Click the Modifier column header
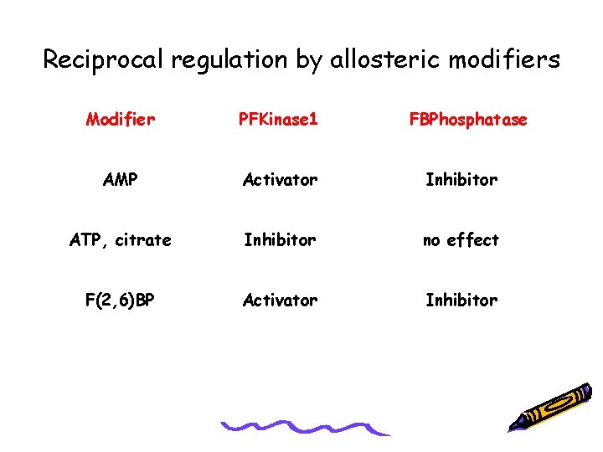121,120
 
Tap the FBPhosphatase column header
468,120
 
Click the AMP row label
121,180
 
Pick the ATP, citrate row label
121,240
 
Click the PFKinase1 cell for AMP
280,180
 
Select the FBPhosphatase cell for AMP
461,180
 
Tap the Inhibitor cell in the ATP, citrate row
280,240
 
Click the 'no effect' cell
461,240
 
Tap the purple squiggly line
306,428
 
